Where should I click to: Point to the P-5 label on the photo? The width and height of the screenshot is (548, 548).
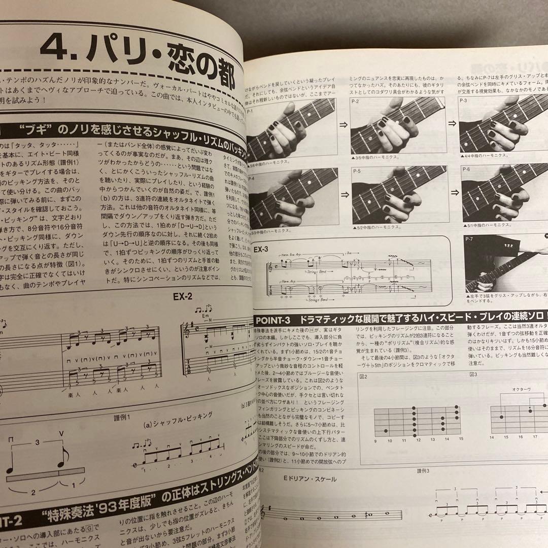357,172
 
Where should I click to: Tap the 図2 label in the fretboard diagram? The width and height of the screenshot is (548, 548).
363,376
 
